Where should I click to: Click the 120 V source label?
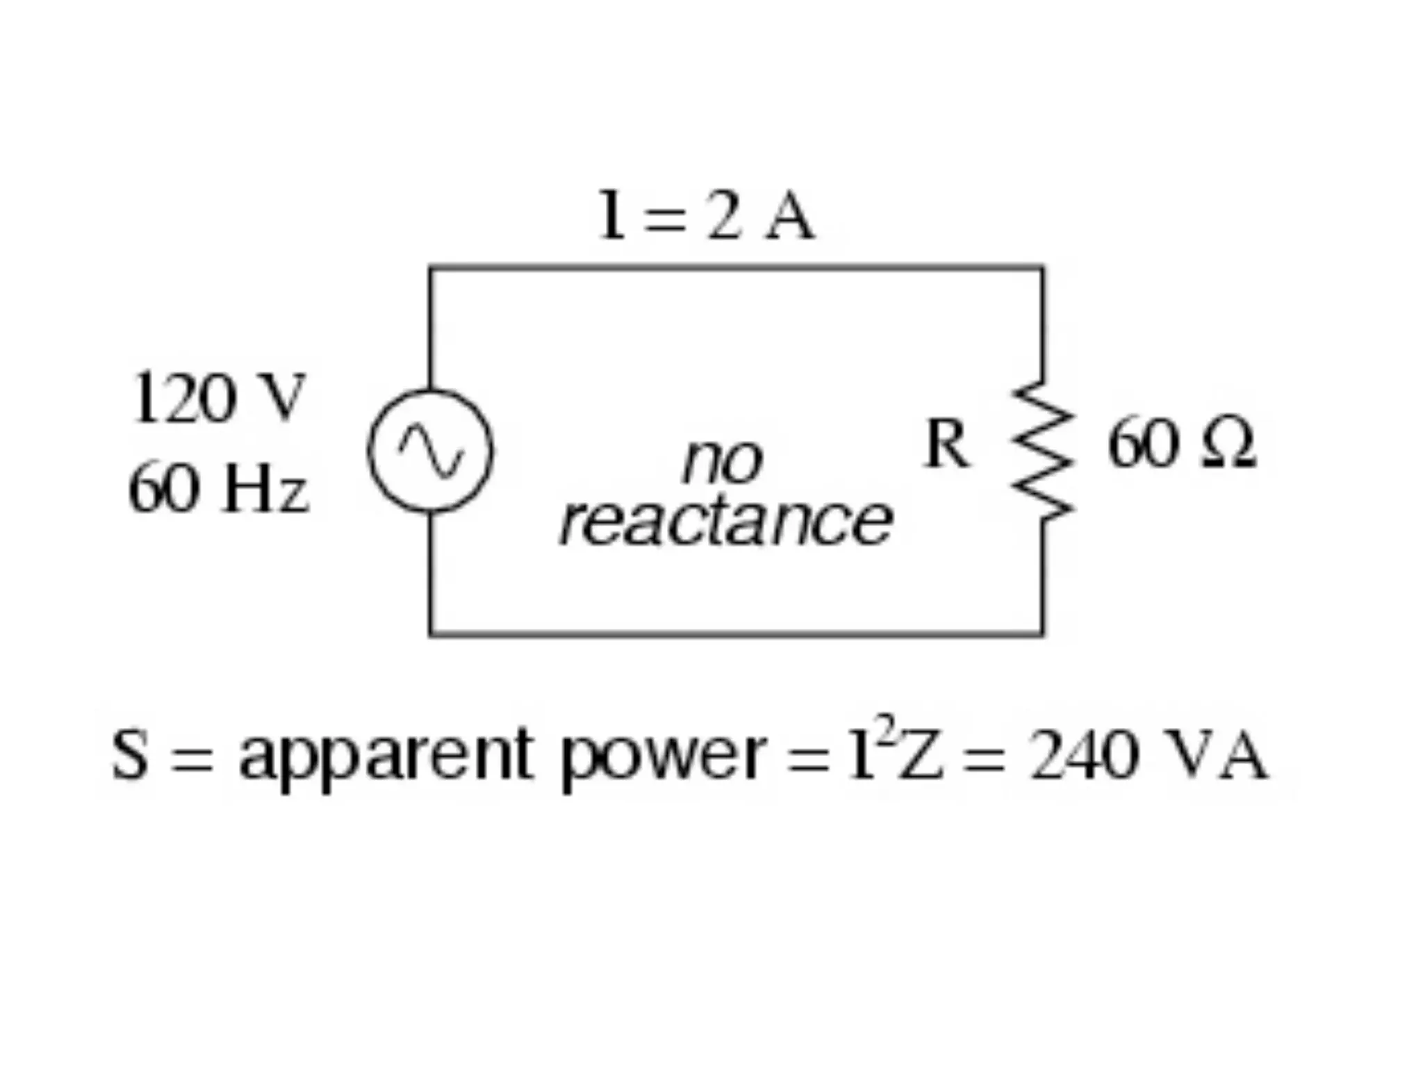pos(217,398)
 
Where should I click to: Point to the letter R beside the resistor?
pos(945,445)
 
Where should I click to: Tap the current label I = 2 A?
pos(705,216)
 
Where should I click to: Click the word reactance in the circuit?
pos(725,521)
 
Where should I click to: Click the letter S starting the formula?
pos(131,754)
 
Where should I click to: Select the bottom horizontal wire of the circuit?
pos(737,633)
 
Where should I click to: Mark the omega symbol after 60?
pos(1229,445)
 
